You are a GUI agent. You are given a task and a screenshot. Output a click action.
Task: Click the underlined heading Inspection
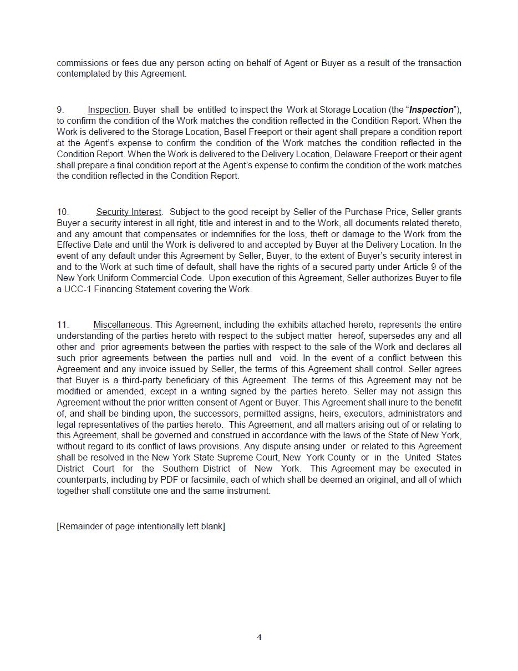[108, 110]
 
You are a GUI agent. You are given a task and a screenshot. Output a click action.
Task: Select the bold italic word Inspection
[431, 110]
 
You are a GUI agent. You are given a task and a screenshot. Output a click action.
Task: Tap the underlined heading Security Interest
[129, 212]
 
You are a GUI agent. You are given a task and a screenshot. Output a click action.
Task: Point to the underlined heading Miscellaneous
[121, 325]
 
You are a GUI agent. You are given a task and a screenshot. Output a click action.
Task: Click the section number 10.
[63, 212]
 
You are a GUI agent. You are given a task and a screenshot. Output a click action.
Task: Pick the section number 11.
[63, 325]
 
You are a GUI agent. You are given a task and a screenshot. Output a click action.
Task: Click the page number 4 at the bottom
[259, 637]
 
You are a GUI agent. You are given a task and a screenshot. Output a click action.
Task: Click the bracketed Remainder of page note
[141, 527]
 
